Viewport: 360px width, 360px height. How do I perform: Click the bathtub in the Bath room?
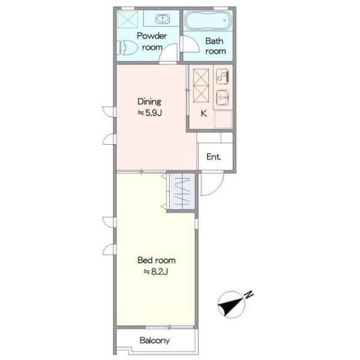[x=208, y=20]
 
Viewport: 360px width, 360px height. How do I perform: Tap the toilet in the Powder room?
[x=127, y=48]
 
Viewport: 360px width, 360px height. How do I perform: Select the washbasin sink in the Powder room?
[x=163, y=19]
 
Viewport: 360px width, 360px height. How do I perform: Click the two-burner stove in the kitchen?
[x=222, y=76]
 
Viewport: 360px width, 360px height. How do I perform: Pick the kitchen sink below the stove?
[x=222, y=98]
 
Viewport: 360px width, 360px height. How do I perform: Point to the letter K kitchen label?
[x=203, y=113]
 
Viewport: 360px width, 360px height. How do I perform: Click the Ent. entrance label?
[x=214, y=157]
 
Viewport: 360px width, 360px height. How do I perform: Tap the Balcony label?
[x=155, y=340]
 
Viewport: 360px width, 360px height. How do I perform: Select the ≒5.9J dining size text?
[x=150, y=113]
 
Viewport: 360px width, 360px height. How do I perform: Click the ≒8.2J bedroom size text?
[x=156, y=272]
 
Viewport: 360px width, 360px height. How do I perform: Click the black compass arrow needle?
[x=230, y=306]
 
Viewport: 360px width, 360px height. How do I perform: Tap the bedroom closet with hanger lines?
[x=182, y=191]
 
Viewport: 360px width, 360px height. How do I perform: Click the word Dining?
[x=149, y=101]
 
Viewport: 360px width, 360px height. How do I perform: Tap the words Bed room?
[x=157, y=260]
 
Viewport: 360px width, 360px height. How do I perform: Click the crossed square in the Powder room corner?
[x=128, y=19]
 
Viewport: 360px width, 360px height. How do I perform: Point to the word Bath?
[x=214, y=41]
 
